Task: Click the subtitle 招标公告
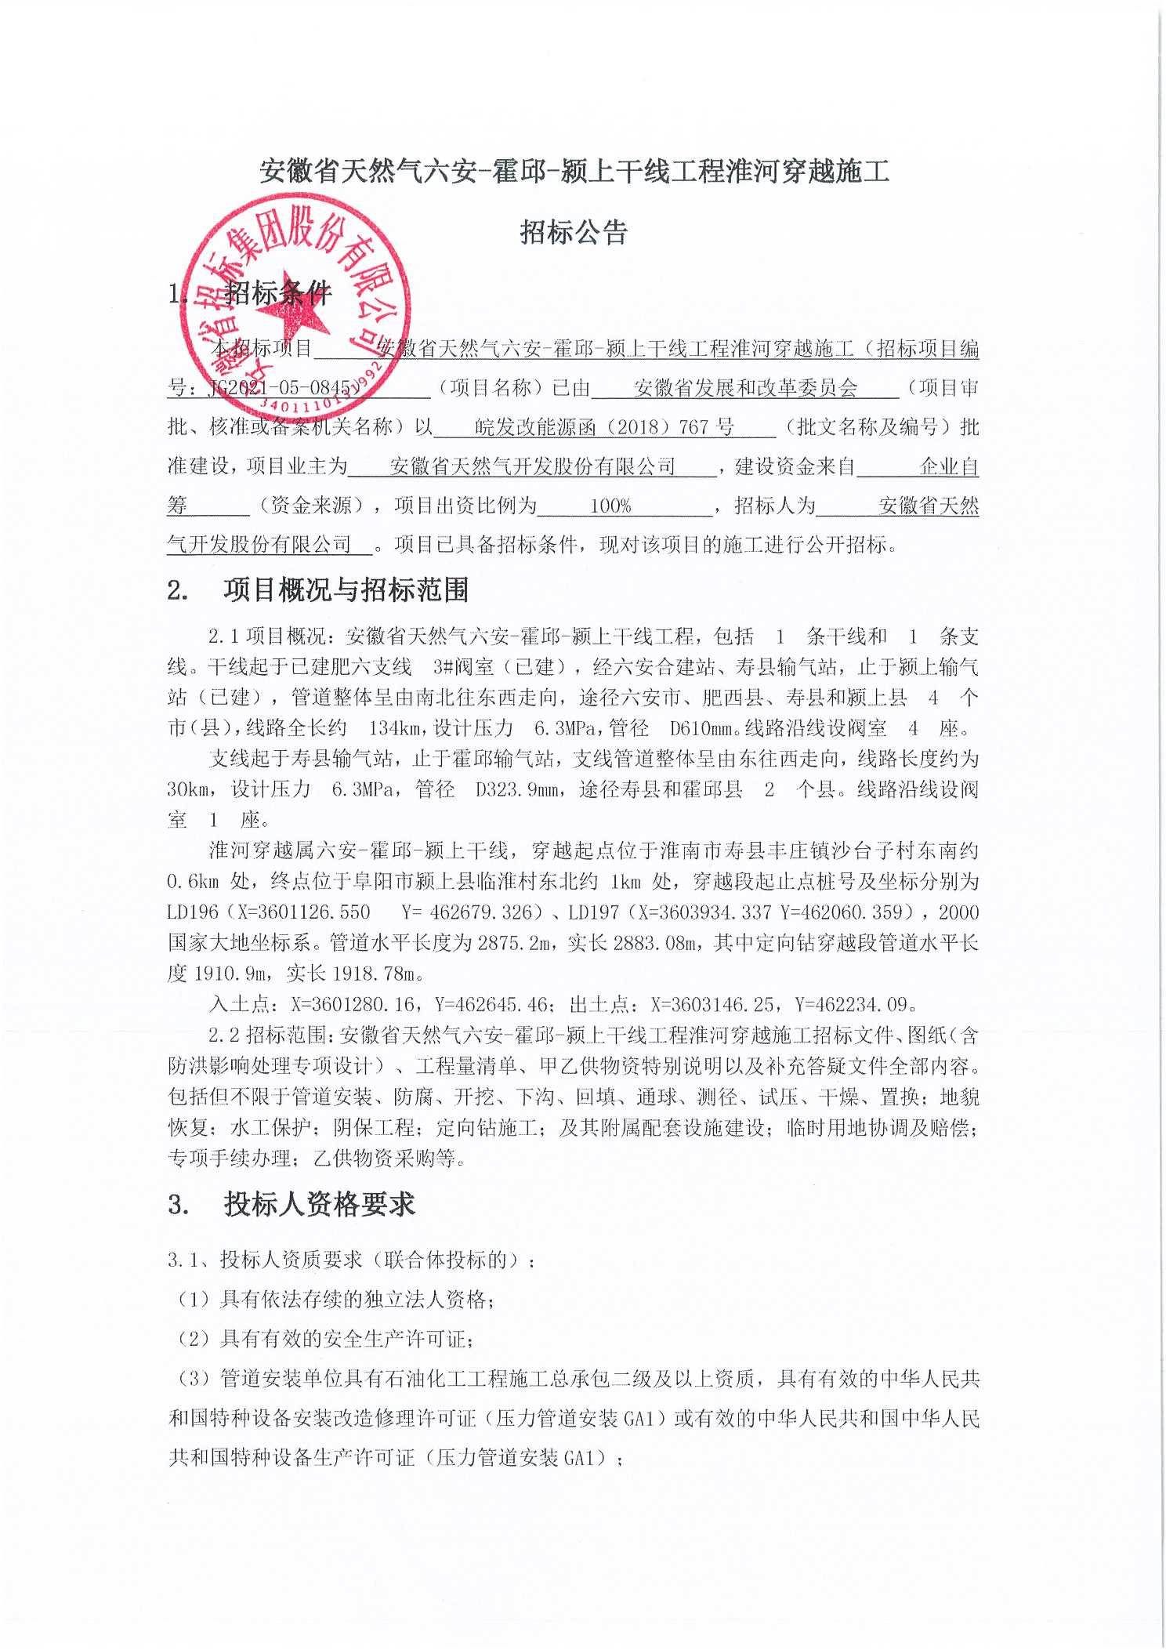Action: (574, 233)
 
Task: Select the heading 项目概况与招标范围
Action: (346, 590)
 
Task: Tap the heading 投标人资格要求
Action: (320, 1205)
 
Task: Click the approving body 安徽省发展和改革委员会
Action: (745, 388)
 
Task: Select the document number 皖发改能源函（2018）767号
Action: (604, 427)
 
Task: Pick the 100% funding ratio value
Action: (610, 506)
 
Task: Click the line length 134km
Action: (397, 728)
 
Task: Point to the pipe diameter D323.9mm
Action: (518, 789)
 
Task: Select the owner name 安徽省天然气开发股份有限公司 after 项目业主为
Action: (532, 467)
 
